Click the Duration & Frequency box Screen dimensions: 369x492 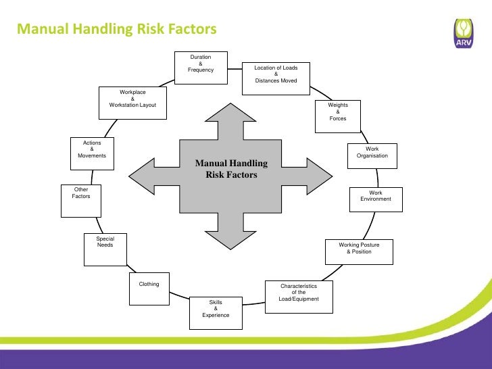tap(201, 67)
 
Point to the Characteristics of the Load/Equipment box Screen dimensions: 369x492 tap(298, 296)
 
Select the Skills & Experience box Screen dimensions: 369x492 tap(216, 312)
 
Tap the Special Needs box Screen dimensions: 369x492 tap(105, 250)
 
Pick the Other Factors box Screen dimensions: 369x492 tap(81, 201)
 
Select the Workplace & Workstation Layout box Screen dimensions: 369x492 tap(132, 103)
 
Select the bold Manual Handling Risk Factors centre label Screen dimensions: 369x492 tap(231, 169)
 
